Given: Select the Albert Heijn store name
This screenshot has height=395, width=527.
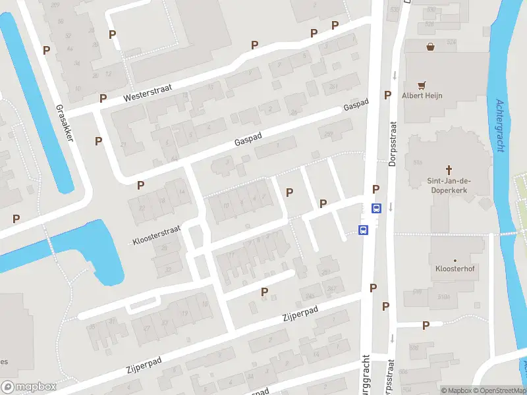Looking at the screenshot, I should pos(422,95).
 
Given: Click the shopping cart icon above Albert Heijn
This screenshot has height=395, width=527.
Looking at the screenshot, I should pos(422,85).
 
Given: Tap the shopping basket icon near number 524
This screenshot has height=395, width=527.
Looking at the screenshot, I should pos(430,47).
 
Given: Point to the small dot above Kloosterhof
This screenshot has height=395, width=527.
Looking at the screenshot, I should pos(453,260).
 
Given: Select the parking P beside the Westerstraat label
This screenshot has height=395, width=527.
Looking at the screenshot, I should pos(103,98).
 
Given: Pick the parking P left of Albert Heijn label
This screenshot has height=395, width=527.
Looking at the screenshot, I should pos(388,95).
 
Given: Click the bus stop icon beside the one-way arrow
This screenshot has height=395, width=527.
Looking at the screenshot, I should pos(376,209).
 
